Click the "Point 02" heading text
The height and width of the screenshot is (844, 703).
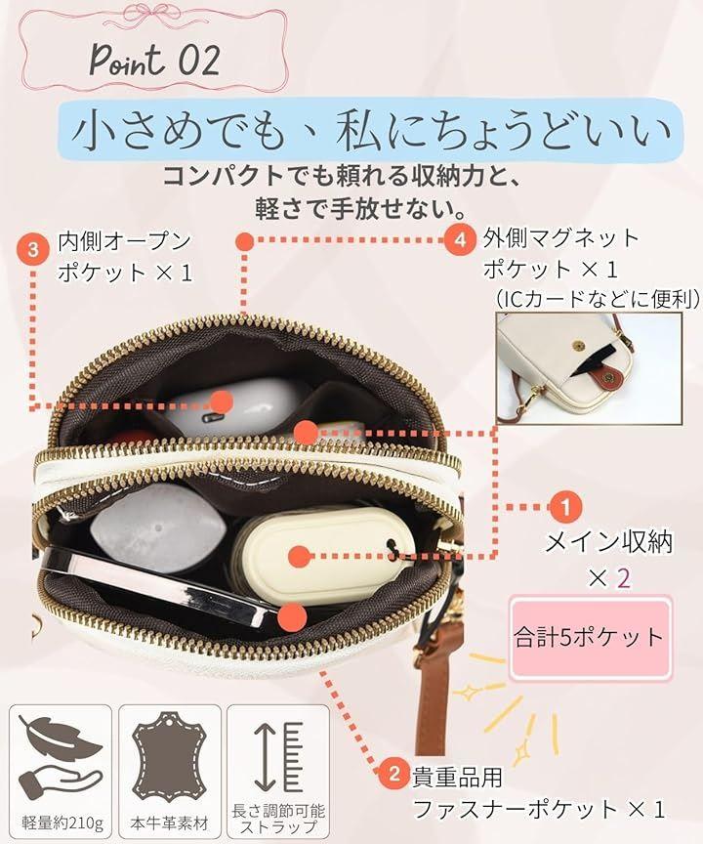click(155, 61)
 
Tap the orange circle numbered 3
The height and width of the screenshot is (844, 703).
click(33, 250)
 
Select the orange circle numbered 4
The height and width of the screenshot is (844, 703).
click(459, 238)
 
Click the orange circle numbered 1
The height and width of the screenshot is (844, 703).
click(565, 507)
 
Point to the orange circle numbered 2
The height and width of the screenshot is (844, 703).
click(394, 774)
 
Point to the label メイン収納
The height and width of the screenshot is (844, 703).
click(609, 541)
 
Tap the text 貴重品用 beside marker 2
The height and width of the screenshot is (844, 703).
click(457, 777)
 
